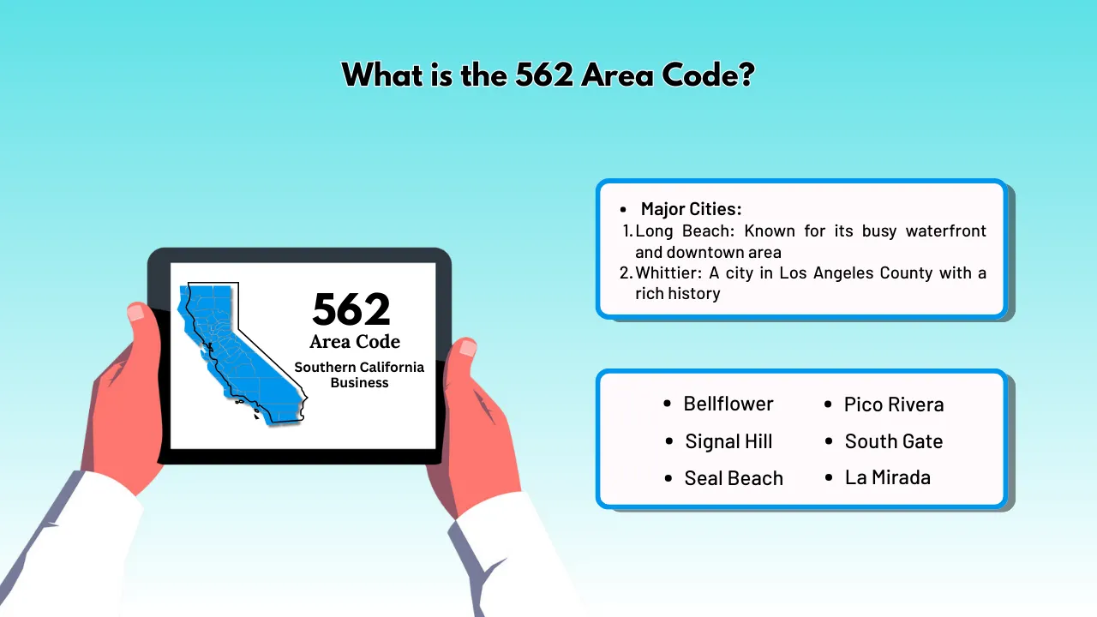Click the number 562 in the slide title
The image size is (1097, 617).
point(544,75)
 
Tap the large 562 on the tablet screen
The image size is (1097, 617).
point(351,309)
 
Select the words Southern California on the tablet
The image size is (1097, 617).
point(359,367)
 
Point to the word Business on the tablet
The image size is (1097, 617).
point(359,383)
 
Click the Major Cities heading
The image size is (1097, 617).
point(691,209)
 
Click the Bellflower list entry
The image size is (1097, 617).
point(728,404)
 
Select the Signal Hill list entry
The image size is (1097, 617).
point(728,441)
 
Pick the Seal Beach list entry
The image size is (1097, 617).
point(734,478)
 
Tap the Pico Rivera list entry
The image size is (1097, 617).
point(894,404)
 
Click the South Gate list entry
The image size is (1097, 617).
point(894,441)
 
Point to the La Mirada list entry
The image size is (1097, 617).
point(888,477)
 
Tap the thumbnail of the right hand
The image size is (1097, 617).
point(467,348)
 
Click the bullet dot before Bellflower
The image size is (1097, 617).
point(668,404)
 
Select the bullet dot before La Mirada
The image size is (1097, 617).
point(829,477)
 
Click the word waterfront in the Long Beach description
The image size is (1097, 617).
point(946,231)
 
